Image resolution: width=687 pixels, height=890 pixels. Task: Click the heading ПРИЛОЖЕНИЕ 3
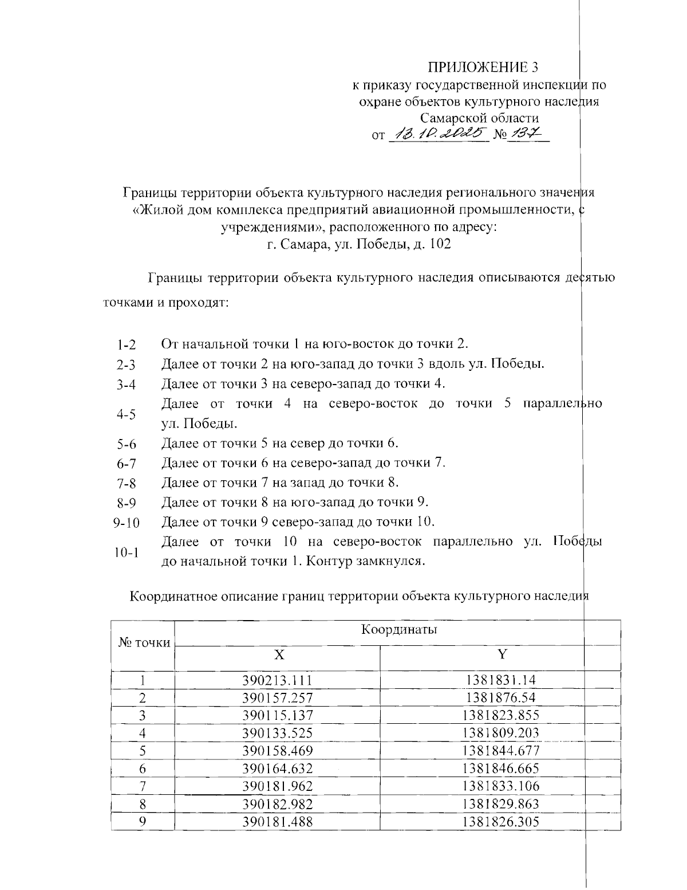[484, 67]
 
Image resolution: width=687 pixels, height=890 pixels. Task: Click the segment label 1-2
[126, 345]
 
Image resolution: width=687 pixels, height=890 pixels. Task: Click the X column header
[278, 655]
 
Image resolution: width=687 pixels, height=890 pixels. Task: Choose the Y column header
[502, 655]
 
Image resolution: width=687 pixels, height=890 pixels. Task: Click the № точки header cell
[144, 643]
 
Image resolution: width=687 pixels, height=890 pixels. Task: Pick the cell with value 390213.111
[278, 680]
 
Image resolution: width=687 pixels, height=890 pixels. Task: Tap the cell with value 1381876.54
[502, 698]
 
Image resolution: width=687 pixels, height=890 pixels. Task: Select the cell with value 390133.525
[278, 733]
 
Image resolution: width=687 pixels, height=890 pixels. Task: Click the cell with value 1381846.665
[502, 769]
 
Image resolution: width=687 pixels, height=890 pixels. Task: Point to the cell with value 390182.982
[278, 804]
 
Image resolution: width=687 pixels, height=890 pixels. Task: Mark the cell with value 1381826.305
[502, 822]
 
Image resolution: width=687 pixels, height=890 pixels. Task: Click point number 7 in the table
[143, 786]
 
